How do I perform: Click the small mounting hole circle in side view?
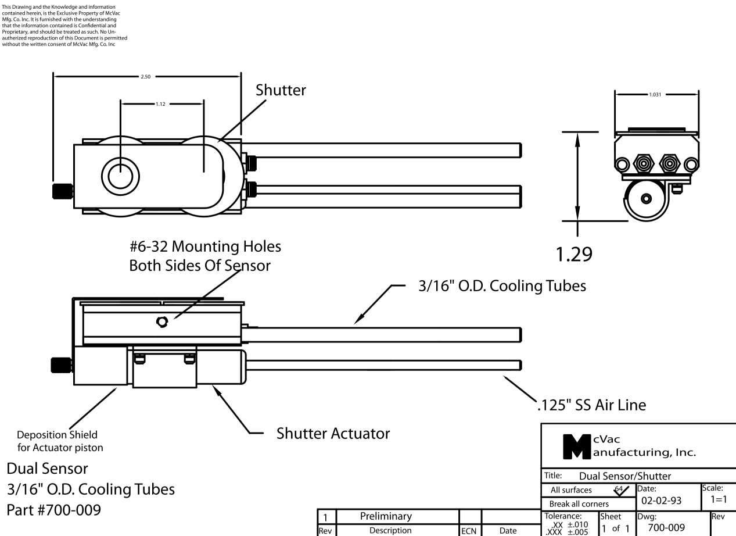coord(162,321)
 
